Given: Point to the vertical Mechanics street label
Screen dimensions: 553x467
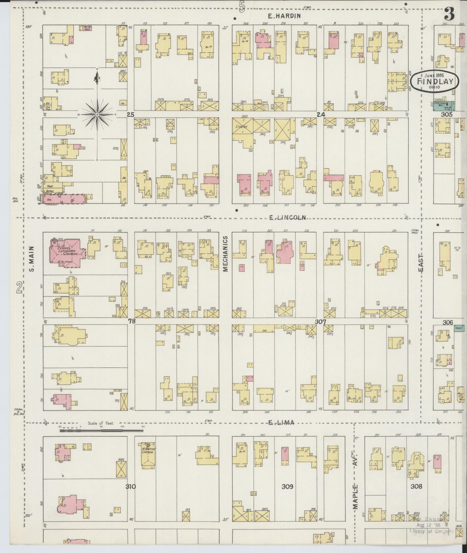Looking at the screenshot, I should (x=225, y=254).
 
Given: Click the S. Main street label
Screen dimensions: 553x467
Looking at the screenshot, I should (x=32, y=259).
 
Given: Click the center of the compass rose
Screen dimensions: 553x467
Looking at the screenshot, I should (x=97, y=115).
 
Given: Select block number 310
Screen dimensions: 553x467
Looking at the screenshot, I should (x=130, y=486).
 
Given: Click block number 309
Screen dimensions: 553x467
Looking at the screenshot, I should (x=287, y=486).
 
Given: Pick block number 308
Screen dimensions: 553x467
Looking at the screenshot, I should (x=416, y=486).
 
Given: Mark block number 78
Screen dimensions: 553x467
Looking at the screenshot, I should (x=132, y=321).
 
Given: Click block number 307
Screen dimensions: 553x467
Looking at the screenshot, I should (x=320, y=322).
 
